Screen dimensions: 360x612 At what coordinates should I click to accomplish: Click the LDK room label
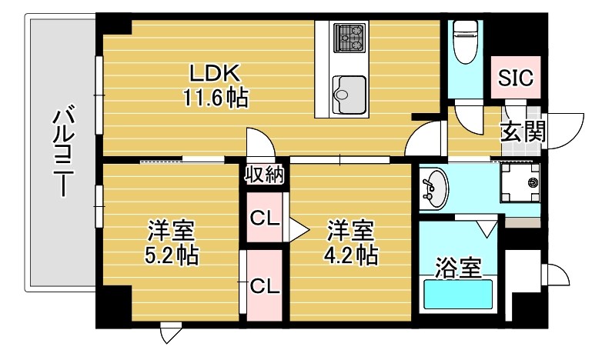coord(216,74)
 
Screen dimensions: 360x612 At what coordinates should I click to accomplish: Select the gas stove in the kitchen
coord(350,36)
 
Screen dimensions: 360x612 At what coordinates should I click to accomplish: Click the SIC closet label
coord(515,78)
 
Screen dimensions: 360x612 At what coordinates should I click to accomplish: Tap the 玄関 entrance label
coord(523,132)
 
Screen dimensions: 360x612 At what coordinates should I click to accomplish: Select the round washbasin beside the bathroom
coord(433,187)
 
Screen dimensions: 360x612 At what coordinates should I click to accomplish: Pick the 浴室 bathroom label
coord(458,268)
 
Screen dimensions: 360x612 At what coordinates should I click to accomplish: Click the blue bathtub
coord(459,295)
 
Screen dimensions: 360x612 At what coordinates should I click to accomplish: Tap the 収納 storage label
coord(264,174)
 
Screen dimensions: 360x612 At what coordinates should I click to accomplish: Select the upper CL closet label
coord(264,218)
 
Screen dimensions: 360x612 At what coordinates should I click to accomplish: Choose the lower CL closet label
coord(264,286)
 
